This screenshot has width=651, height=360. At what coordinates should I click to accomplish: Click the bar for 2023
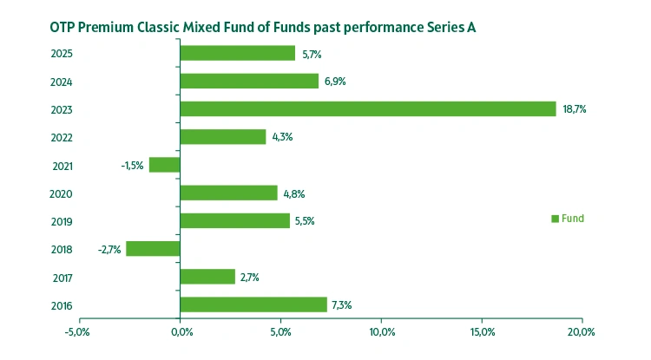point(367,109)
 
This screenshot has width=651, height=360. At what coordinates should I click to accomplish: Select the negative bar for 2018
point(153,249)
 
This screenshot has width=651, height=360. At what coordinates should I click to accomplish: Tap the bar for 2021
point(164,165)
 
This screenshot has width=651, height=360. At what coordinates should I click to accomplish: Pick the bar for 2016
point(253,304)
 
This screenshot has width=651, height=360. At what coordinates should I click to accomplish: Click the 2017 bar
point(207,277)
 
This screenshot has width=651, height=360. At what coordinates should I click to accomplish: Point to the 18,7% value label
point(575,110)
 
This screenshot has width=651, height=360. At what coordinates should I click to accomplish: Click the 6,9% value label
point(336,82)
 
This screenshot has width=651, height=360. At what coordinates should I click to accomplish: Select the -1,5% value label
point(132,166)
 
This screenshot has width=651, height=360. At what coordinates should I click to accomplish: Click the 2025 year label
point(62,54)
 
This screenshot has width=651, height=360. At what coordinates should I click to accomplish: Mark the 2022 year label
point(62,138)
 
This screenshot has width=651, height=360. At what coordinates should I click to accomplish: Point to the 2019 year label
point(62,221)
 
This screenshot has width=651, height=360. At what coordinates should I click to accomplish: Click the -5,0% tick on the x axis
point(78,332)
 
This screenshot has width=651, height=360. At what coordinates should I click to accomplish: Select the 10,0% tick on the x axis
point(382,332)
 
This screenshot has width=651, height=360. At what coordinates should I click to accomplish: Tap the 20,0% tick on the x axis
point(582,332)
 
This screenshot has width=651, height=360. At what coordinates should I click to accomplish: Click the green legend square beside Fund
point(556,219)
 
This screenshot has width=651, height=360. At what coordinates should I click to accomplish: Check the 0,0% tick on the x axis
point(180,332)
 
